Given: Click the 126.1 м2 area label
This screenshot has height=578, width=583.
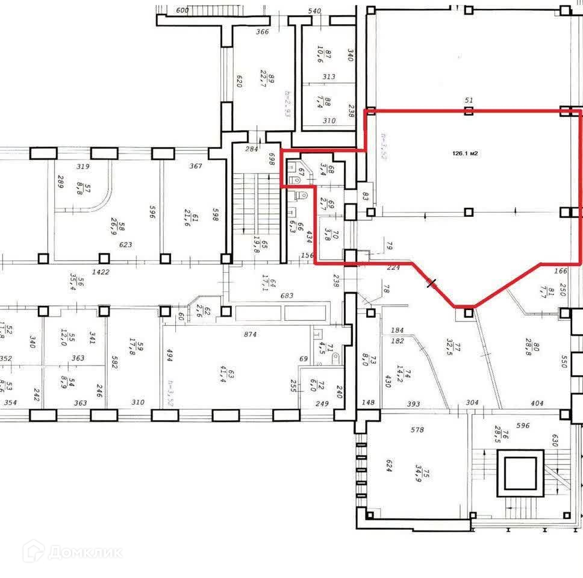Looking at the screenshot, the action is (x=465, y=154).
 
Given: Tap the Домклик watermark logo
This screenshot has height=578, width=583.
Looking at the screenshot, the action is (x=72, y=551).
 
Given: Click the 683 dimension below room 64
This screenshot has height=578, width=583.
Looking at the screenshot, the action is (x=287, y=296).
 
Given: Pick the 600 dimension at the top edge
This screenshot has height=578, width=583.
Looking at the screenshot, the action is (x=183, y=11).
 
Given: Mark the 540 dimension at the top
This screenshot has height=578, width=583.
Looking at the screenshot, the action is (x=314, y=11).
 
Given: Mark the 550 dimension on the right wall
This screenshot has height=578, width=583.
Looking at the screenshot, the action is (x=564, y=361).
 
